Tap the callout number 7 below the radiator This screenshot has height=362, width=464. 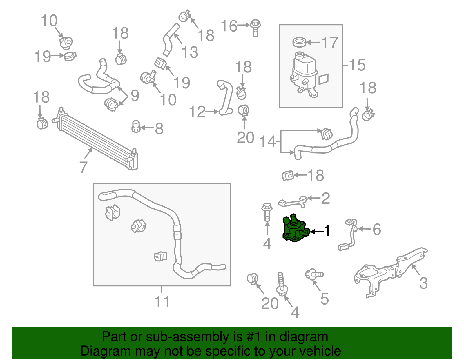click(x=83, y=167)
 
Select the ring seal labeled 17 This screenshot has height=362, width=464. click(x=299, y=42)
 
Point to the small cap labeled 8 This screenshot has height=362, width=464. click(x=136, y=127)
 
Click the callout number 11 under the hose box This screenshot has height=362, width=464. click(x=162, y=301)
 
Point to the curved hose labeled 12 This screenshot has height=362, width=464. click(x=226, y=97)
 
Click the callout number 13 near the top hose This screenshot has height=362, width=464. click(x=190, y=52)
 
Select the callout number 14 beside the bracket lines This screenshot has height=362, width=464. click(x=267, y=141)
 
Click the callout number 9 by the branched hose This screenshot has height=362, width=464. click(x=135, y=95)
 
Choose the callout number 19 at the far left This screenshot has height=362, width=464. click(x=42, y=56)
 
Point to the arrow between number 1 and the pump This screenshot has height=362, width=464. click(x=317, y=232)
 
